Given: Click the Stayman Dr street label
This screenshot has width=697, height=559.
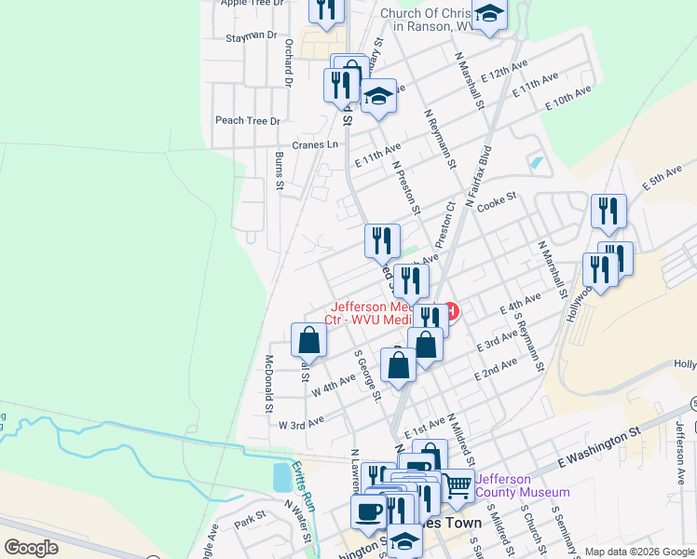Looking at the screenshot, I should [252, 35].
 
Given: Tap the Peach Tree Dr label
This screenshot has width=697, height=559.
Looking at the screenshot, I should [248, 121].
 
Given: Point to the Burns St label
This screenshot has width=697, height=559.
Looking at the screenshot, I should [279, 170].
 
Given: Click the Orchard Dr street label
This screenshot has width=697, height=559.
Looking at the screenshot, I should [289, 63].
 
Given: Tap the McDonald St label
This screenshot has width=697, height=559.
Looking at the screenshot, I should [268, 383].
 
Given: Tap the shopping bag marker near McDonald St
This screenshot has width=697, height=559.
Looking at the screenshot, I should [308, 340].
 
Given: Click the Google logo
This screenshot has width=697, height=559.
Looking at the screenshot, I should [31, 548].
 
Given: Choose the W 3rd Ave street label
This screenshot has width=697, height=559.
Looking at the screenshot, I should [301, 421].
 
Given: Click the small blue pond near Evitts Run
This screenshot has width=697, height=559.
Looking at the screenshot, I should [281, 478].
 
